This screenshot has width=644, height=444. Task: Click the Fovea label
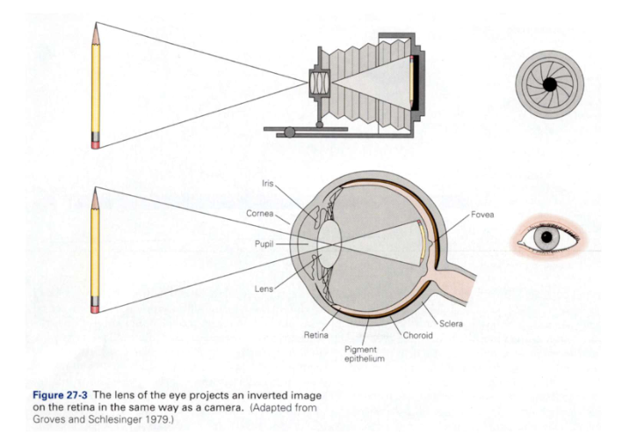coord(482,215)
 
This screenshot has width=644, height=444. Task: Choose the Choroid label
coord(417,335)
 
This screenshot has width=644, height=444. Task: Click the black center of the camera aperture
coord(548,84)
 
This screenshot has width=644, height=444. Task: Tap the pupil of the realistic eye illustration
coord(548,236)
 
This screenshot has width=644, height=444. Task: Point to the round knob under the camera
coord(287,133)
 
